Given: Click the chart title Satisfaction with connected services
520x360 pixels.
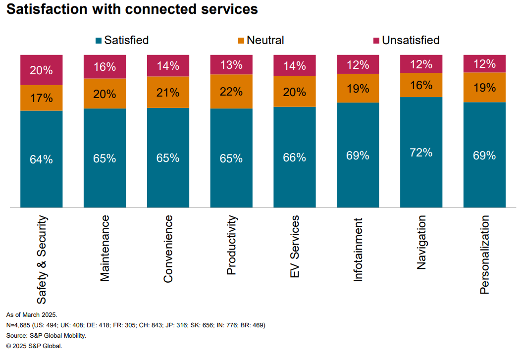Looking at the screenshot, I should [x=132, y=9].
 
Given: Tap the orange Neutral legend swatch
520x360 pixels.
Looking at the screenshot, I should [x=241, y=40].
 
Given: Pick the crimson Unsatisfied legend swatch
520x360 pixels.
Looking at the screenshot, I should [x=376, y=40].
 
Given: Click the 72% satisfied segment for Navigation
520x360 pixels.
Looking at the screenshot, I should [x=421, y=152].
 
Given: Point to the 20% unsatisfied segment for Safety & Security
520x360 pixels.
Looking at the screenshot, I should [x=41, y=70].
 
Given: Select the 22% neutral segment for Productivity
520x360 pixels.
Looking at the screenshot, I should [x=231, y=92].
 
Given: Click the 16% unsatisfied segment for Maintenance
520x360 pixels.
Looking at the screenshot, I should [x=104, y=67].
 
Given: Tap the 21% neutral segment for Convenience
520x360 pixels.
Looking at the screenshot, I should [x=168, y=92].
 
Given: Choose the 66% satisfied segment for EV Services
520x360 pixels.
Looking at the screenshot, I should [x=295, y=157].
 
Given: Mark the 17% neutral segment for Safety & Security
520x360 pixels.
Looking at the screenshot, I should [x=41, y=98].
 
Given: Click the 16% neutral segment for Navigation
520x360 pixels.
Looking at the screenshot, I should [x=421, y=85].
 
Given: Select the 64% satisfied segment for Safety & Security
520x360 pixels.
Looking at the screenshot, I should [x=41, y=159].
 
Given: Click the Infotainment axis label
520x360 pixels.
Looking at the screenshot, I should [x=358, y=249].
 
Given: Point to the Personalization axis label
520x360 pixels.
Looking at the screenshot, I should [x=484, y=254].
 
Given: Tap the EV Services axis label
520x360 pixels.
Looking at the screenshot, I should [x=295, y=246].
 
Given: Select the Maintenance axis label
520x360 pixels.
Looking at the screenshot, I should [x=104, y=249].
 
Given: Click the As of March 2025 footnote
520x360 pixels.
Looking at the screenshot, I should [x=32, y=315].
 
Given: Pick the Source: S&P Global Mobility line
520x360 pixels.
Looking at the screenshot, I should [x=46, y=336].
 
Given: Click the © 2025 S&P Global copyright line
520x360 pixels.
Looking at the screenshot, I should [x=34, y=346].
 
